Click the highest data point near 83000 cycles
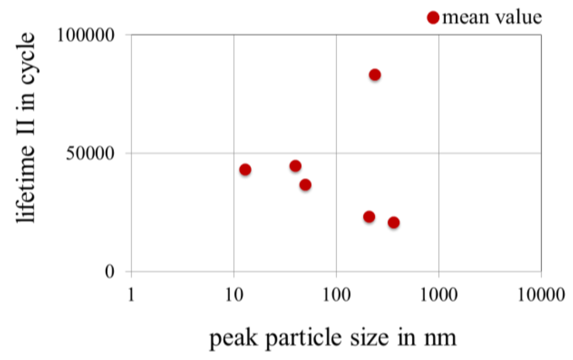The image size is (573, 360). [x=375, y=74]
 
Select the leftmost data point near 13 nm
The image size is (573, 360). [x=245, y=170]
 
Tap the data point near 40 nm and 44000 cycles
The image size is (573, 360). [x=295, y=166]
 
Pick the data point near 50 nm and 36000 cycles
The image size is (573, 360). [x=305, y=185]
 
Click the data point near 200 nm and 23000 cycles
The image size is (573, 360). [x=369, y=217]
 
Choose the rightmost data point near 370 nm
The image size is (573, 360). [x=393, y=222]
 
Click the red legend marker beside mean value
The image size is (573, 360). [x=433, y=18]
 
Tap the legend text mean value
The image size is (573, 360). [x=491, y=17]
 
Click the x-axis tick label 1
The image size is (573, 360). [x=131, y=294]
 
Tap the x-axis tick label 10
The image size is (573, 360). [x=233, y=294]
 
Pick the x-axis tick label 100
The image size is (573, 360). [x=336, y=294]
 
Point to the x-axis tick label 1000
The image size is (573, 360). [x=438, y=294]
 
